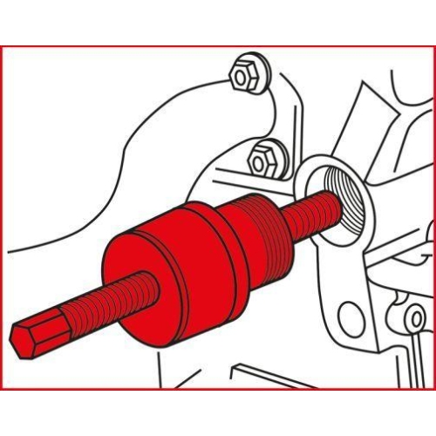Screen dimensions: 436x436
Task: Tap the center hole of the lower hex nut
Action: tap(260, 161)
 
